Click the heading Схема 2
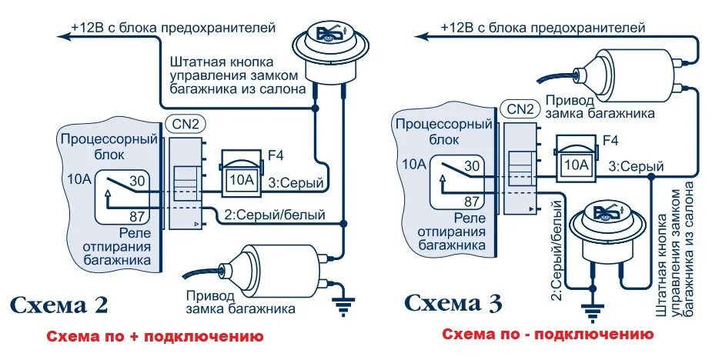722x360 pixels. [59, 305]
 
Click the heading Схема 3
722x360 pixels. [453, 303]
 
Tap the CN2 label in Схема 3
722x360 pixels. [520, 108]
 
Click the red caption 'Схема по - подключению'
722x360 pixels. [547, 335]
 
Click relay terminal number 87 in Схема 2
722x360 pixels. [139, 215]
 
